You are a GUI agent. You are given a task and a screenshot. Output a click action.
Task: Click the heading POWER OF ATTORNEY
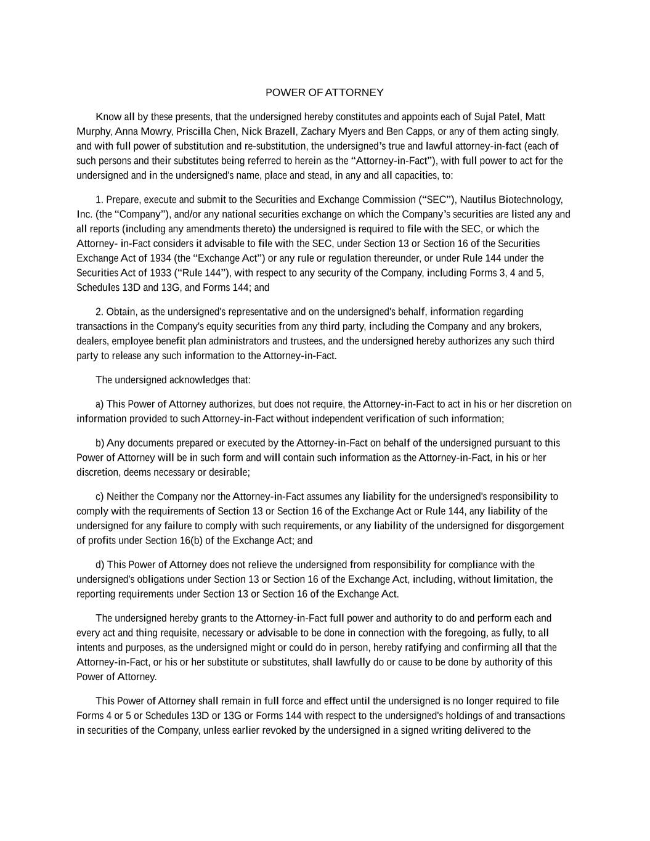click(x=324, y=92)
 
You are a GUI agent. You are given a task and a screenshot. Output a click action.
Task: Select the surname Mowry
click(x=156, y=132)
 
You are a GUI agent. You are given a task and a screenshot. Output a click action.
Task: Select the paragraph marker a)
click(x=100, y=404)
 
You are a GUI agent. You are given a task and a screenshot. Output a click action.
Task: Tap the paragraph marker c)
click(x=100, y=497)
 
